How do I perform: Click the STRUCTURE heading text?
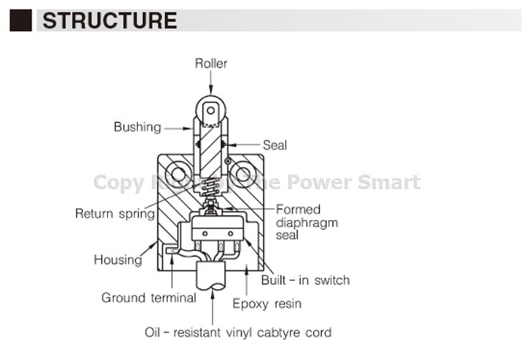point(110,20)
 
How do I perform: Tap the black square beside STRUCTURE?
point(21,20)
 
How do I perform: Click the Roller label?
point(211,63)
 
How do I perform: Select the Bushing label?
point(137,127)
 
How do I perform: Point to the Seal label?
point(274,145)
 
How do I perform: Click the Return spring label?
point(115,214)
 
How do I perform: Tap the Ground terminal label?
point(149,298)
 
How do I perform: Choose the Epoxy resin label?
point(267,303)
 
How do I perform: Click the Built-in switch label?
point(306,279)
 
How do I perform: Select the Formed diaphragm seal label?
point(306,223)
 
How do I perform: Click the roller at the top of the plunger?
point(211,111)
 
